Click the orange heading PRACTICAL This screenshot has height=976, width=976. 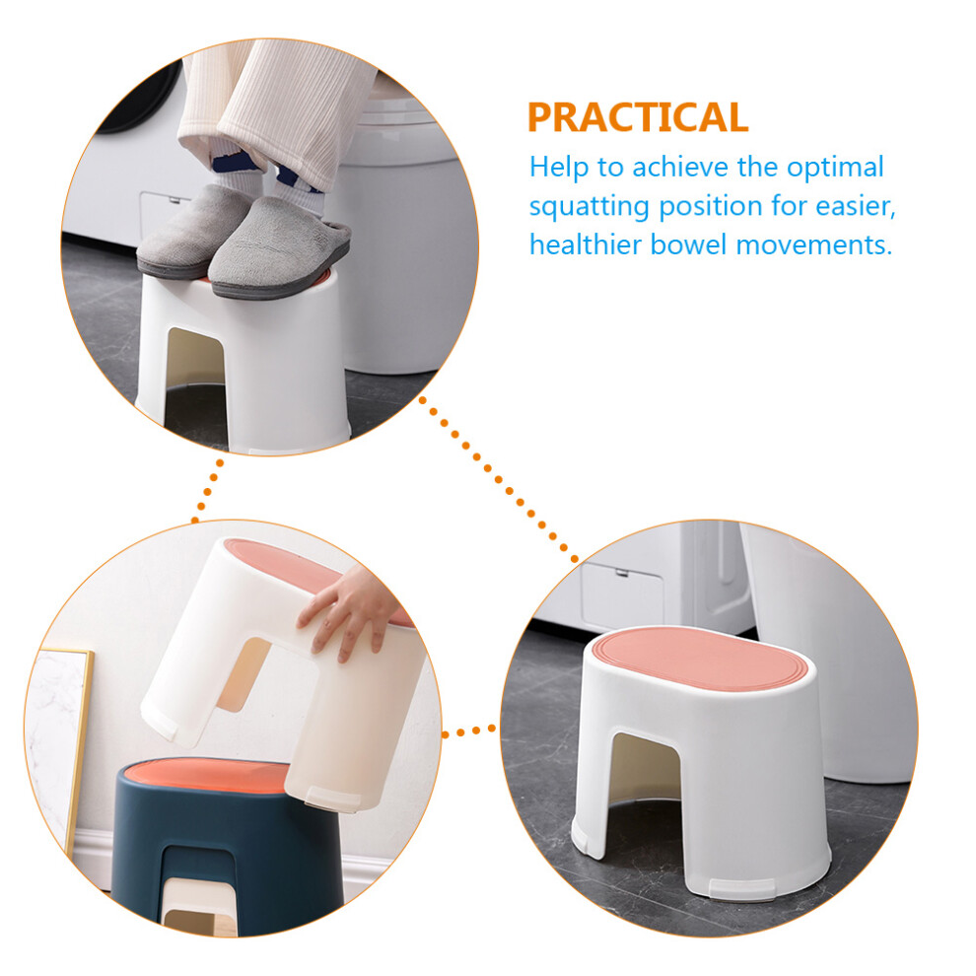[638, 117]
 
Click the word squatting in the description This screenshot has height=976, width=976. [590, 207]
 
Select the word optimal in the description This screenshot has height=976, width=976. [835, 168]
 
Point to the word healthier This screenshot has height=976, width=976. [585, 244]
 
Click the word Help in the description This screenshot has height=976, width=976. [558, 168]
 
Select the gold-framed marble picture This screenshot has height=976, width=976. [60, 740]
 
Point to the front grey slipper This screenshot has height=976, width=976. [279, 249]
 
